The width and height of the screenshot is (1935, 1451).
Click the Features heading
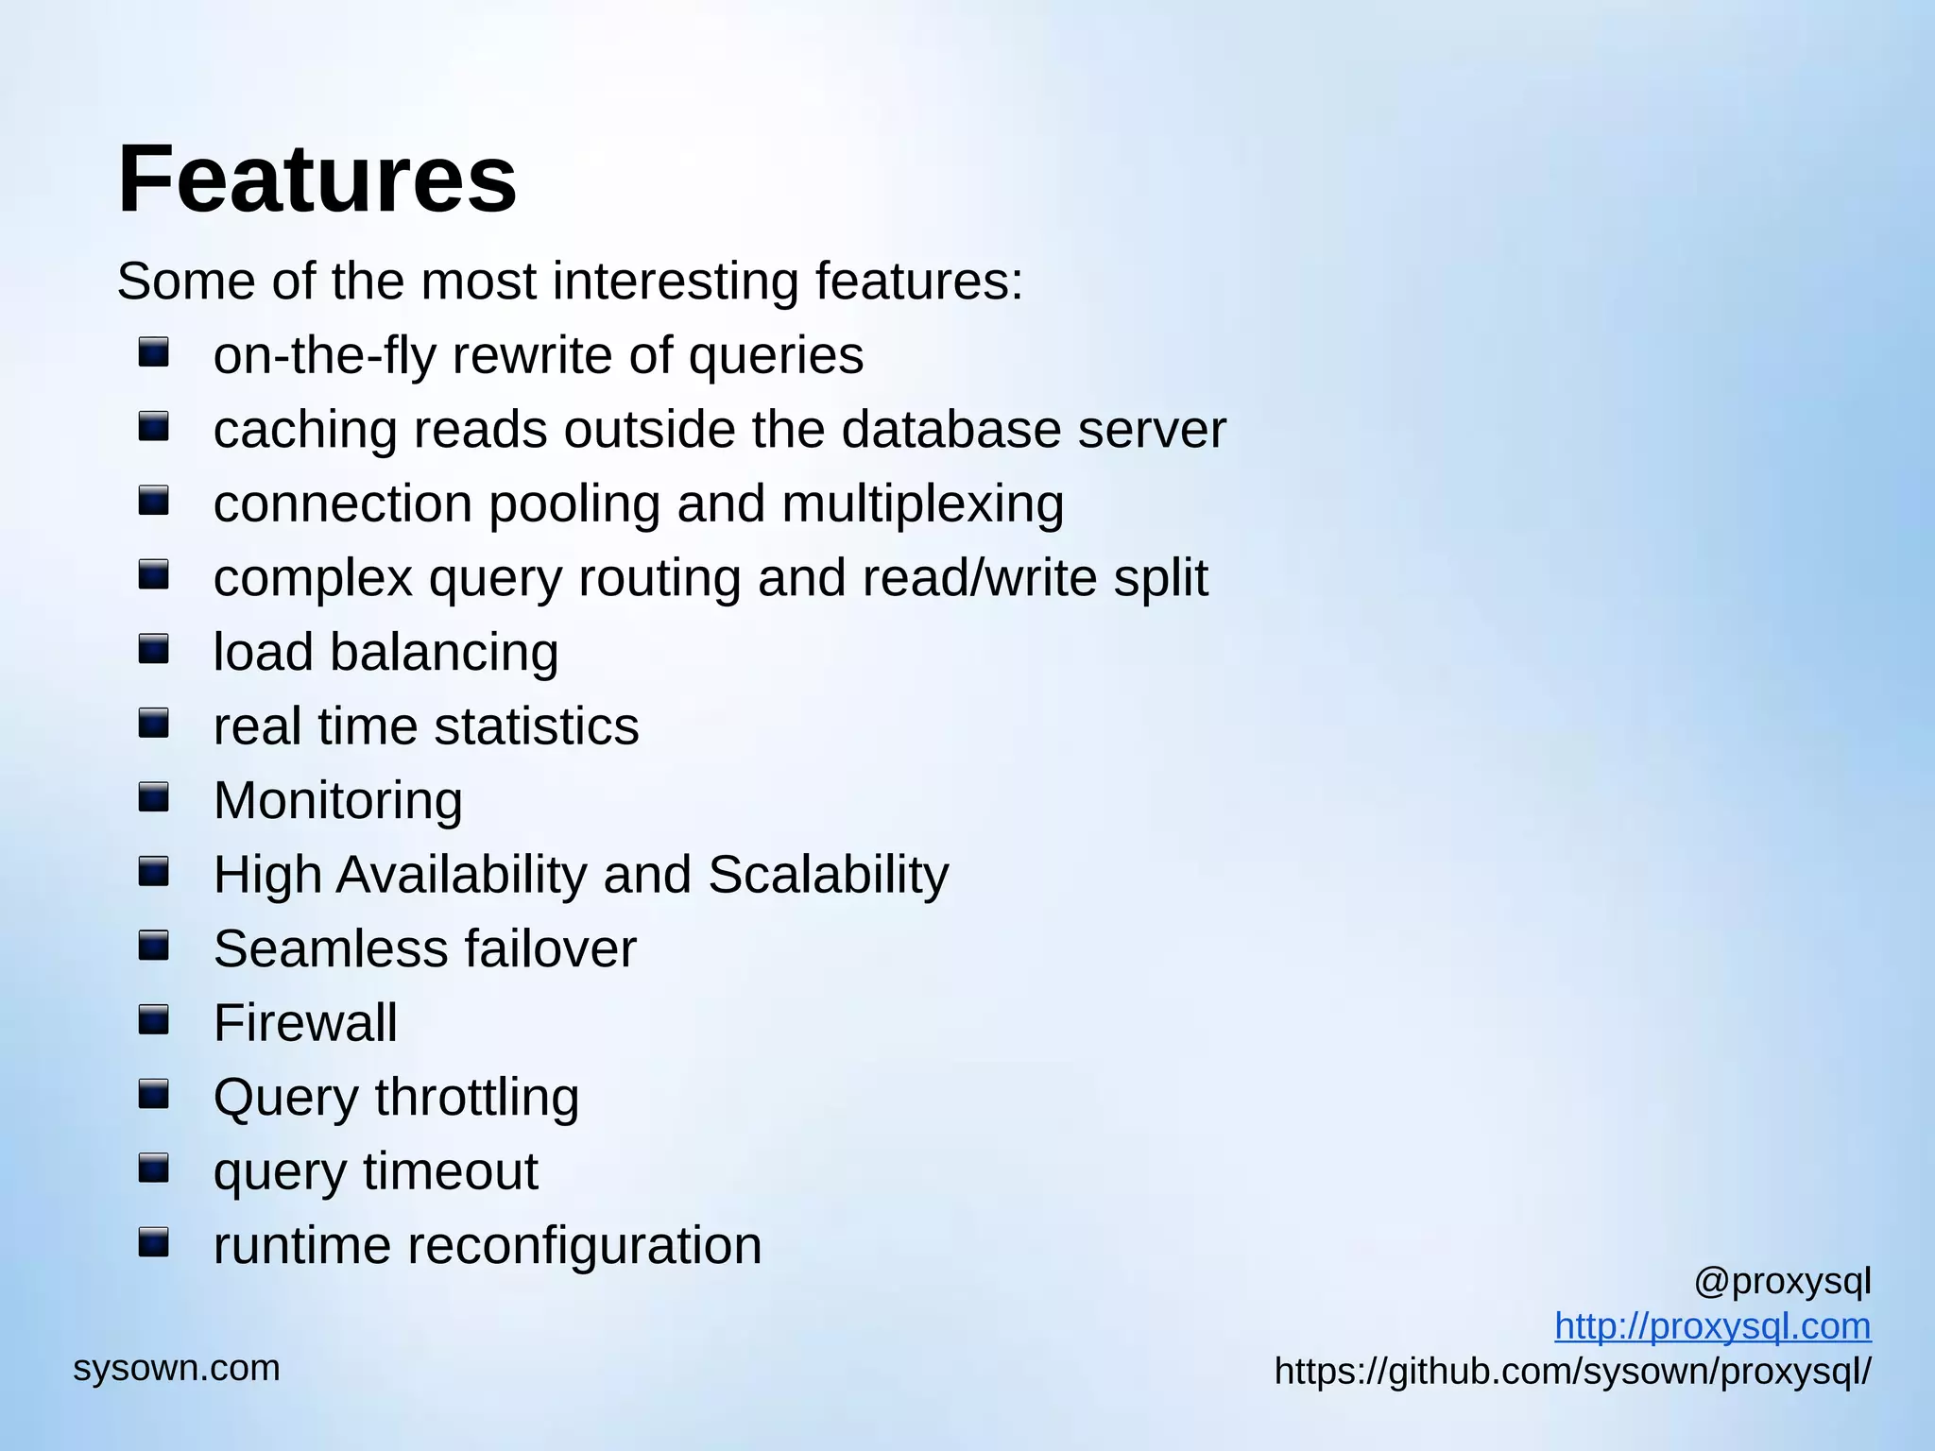[317, 179]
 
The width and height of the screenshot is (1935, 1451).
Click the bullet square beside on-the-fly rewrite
[153, 353]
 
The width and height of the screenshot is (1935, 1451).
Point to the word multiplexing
[922, 504]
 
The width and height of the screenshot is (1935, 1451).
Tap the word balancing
[444, 653]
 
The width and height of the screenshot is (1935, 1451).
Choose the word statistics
[537, 726]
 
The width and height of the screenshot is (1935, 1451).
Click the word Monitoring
[338, 801]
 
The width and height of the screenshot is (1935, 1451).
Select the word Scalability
[828, 875]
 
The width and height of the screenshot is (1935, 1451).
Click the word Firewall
[305, 1023]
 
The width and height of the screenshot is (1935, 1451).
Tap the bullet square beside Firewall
[153, 1020]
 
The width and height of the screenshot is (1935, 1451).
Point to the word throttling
[476, 1098]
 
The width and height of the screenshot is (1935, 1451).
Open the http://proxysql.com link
[1712, 1326]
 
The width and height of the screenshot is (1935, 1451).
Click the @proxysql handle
[1782, 1282]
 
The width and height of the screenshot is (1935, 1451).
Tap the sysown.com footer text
[177, 1368]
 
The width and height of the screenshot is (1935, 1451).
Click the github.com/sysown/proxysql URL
[1572, 1371]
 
